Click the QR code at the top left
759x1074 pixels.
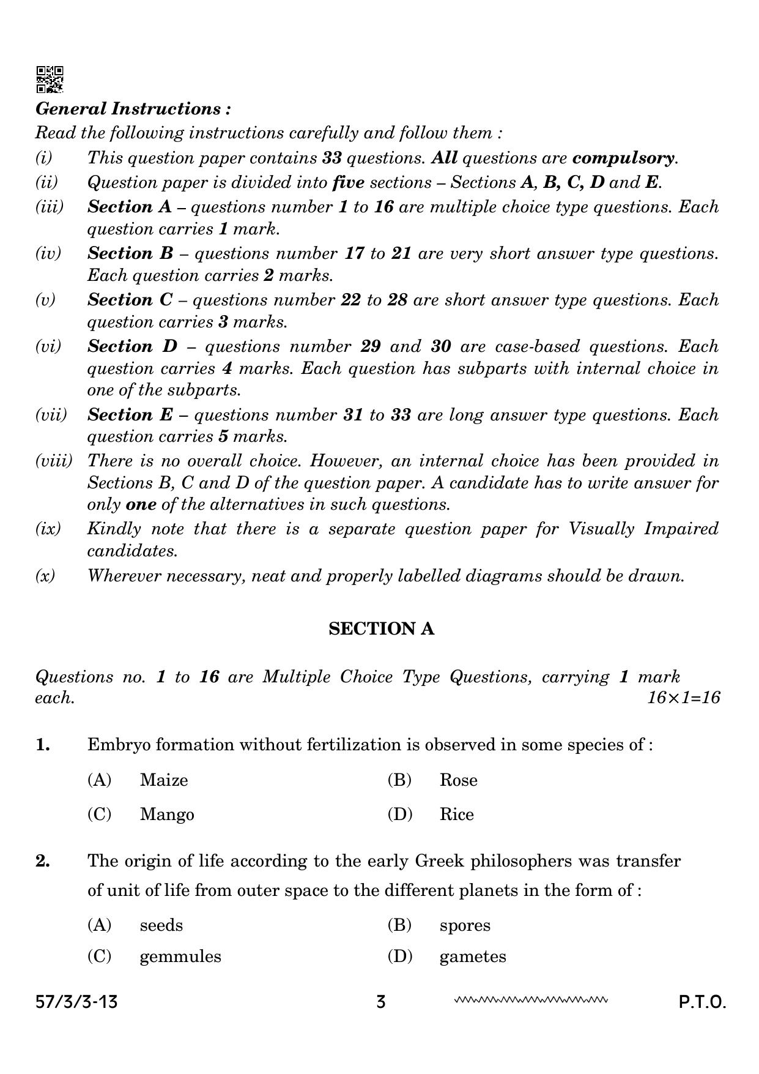(x=50, y=80)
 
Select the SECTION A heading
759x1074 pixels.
(x=381, y=629)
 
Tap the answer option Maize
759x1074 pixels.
(x=163, y=780)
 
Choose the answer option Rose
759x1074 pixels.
(x=458, y=780)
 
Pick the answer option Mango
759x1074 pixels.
(x=166, y=815)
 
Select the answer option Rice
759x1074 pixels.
(x=456, y=815)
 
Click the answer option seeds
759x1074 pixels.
(x=161, y=925)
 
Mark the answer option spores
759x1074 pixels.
(x=465, y=925)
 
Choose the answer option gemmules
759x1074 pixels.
(x=180, y=957)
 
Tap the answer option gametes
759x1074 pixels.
(x=473, y=957)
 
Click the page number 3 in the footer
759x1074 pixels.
(x=381, y=1002)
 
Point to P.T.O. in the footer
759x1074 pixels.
(x=702, y=1002)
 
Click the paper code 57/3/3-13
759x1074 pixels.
(x=76, y=1002)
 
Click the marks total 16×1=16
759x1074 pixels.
(x=684, y=698)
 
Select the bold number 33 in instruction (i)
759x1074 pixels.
(x=331, y=158)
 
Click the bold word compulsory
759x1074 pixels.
(x=623, y=158)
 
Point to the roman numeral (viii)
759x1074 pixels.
(x=53, y=461)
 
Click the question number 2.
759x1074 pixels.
(x=42, y=861)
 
